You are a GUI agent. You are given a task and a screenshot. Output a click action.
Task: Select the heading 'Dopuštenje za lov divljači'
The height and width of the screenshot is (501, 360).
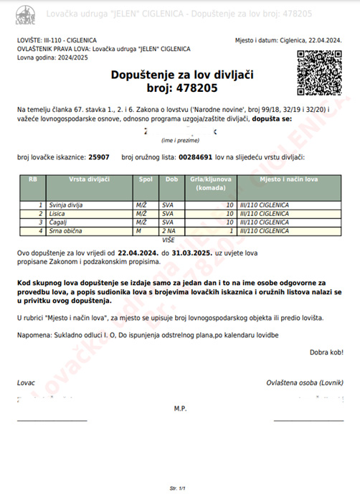pos(182,75)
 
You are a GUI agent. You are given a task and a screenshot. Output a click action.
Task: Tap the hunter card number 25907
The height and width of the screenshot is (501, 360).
pos(98,156)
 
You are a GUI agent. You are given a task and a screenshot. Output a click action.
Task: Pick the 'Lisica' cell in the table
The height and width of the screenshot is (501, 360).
pos(57,214)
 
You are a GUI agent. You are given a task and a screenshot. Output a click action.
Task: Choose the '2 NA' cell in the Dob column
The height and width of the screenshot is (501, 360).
pos(169,231)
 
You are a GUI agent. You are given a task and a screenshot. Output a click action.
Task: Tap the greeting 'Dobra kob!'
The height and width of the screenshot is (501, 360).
pos(326,352)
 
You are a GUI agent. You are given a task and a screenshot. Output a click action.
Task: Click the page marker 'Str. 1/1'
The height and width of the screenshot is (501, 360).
pos(179,488)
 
